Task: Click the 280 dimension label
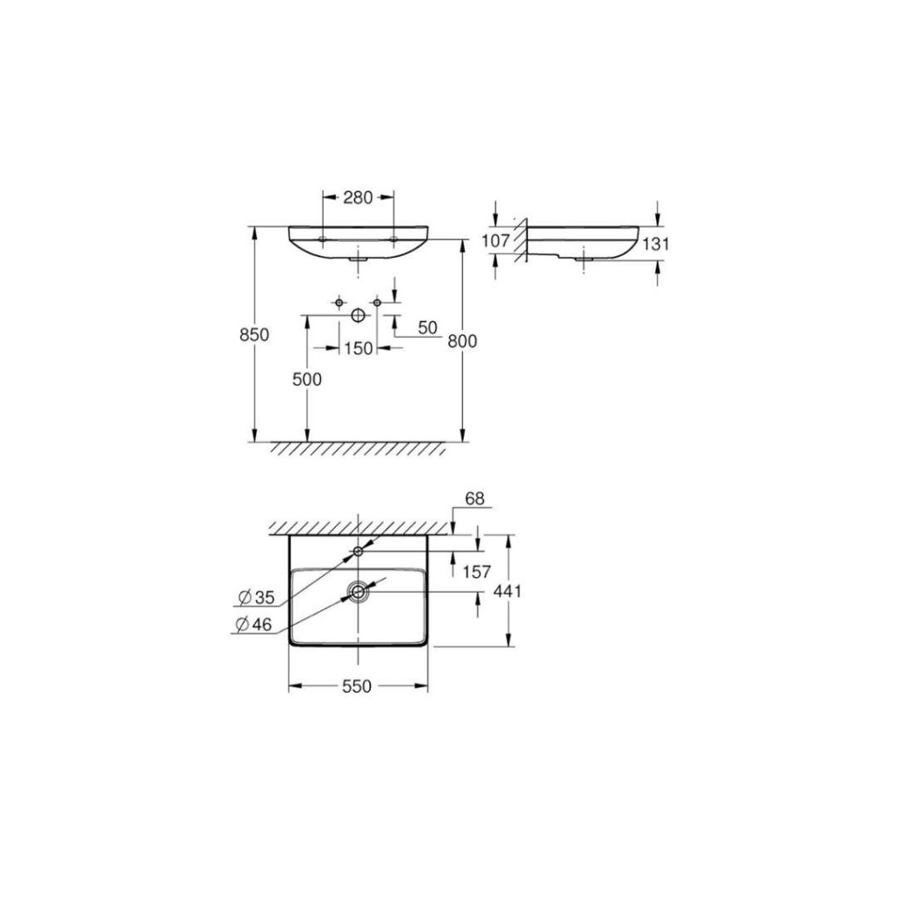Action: click(x=358, y=197)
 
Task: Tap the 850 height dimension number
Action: click(x=254, y=334)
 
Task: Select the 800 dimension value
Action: click(x=462, y=341)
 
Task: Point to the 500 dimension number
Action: click(x=307, y=379)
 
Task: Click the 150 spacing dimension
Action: click(x=359, y=348)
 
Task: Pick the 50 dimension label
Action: click(x=428, y=328)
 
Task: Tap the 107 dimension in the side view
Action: click(x=495, y=240)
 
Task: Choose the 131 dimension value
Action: click(x=655, y=244)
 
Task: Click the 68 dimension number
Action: click(x=474, y=499)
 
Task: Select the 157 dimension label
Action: click(x=477, y=572)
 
